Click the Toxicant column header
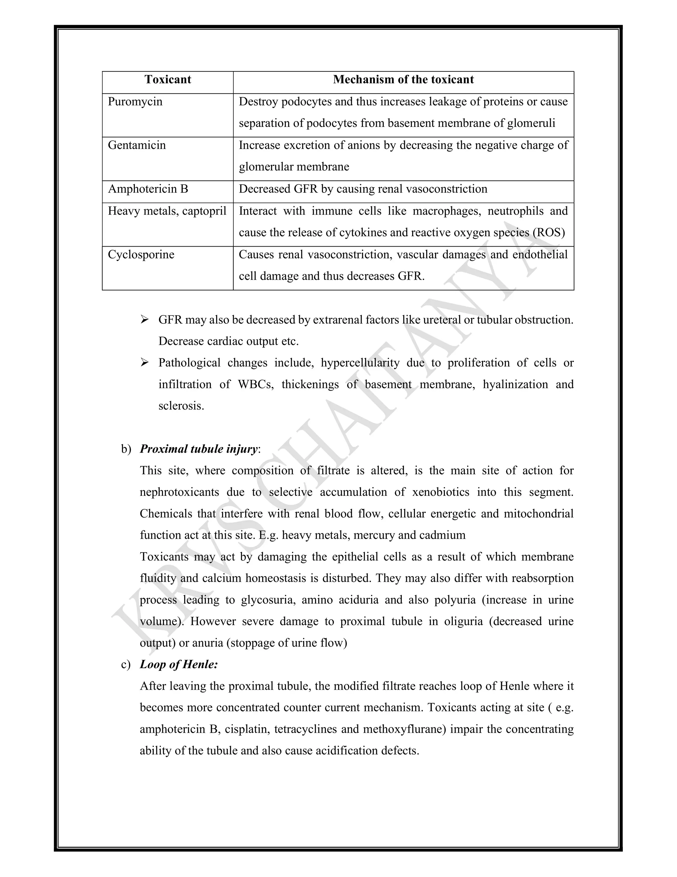[168, 79]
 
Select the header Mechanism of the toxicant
[403, 79]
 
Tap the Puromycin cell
[135, 102]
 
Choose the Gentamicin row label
[137, 145]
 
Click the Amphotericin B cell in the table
[147, 189]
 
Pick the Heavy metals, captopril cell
[167, 211]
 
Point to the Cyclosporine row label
[141, 254]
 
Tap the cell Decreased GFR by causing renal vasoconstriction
[363, 189]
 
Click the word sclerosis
[181, 406]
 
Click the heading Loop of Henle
[179, 665]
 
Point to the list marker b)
[126, 449]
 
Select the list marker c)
[126, 665]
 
